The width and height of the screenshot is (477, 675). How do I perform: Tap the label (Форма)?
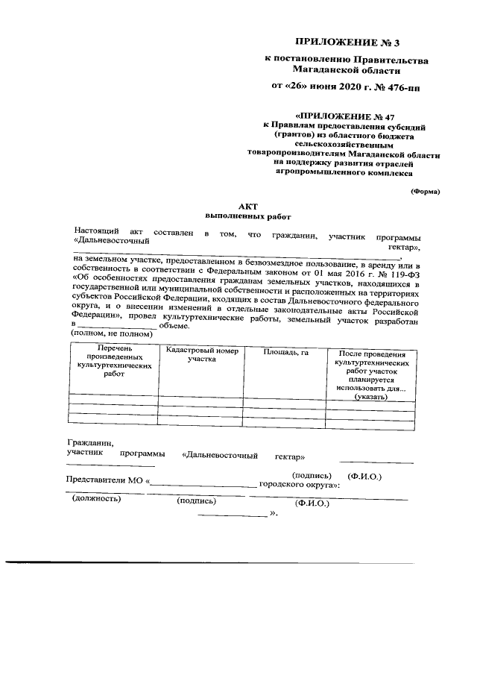point(426,192)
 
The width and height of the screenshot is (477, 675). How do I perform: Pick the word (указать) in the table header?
point(370,398)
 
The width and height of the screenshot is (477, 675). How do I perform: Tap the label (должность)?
point(96,499)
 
